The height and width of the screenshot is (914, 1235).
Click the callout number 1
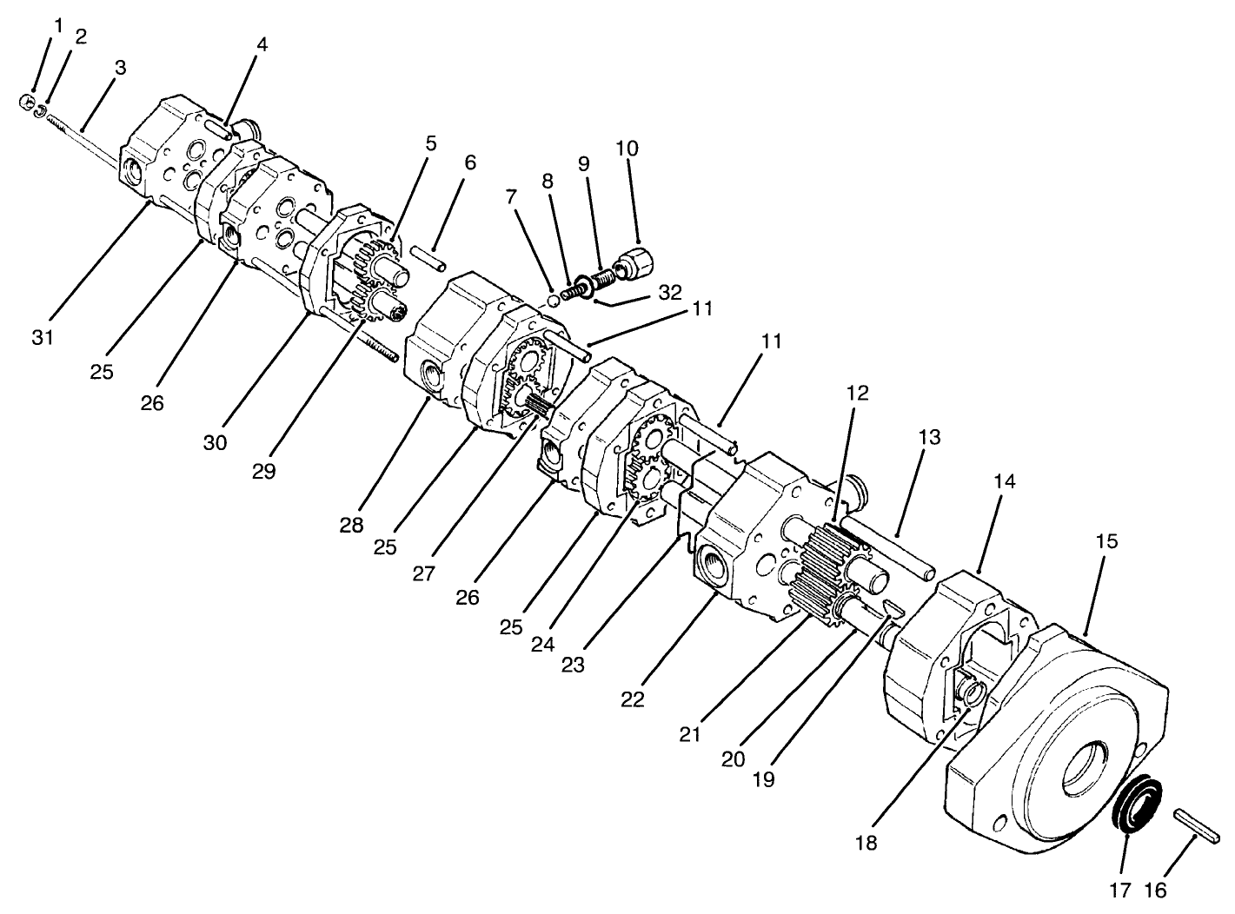(x=58, y=26)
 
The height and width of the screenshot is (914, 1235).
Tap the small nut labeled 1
(x=25, y=103)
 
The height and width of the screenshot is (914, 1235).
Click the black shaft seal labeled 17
(x=1134, y=804)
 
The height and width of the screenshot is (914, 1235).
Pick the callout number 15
(x=1106, y=541)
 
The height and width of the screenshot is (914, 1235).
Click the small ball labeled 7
(x=553, y=301)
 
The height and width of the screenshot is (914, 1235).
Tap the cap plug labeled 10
(x=634, y=260)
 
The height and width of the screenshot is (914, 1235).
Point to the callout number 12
(x=857, y=393)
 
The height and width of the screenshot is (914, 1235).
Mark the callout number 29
(x=263, y=470)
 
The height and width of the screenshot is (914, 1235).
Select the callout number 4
(x=262, y=43)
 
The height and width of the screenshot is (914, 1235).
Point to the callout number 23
(x=572, y=665)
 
